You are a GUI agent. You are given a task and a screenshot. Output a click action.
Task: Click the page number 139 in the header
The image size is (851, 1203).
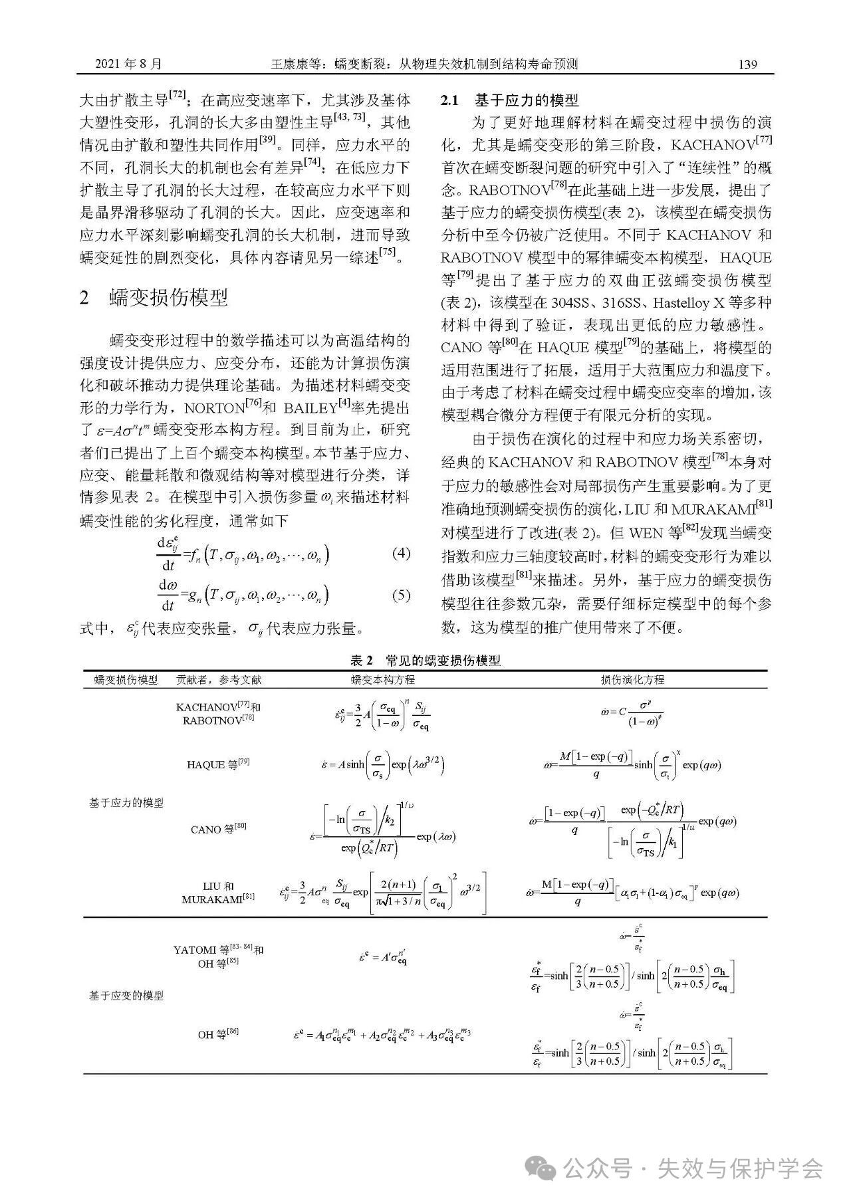(747, 64)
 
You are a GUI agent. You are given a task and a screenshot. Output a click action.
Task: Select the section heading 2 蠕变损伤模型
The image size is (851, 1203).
(154, 298)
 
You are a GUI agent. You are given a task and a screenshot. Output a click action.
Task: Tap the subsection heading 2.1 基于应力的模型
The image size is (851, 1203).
(510, 100)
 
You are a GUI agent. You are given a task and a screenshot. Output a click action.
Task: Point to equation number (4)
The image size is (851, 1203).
(401, 553)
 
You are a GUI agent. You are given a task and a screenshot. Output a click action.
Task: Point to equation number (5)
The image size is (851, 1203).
(401, 595)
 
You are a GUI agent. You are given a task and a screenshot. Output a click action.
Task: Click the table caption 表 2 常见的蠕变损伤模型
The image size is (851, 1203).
(425, 660)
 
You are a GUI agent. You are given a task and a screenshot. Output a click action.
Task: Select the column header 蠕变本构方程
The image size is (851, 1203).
(382, 679)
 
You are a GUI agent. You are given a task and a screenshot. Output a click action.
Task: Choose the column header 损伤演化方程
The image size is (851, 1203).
(632, 679)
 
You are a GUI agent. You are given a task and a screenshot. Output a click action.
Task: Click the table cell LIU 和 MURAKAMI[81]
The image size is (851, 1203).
(218, 893)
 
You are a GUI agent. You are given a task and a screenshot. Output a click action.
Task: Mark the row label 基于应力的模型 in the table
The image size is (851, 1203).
(126, 803)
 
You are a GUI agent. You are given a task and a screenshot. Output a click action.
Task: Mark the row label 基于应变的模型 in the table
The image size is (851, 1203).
(126, 996)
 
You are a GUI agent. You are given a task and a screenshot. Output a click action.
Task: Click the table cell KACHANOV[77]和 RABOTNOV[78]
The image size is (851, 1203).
(218, 713)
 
